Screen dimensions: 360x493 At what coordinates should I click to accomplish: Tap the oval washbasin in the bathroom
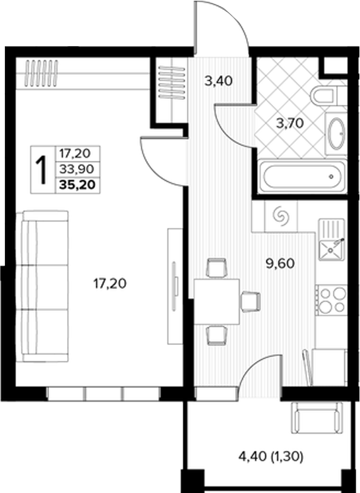coord(336,133)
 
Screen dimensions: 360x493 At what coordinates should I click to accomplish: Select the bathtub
coord(303,176)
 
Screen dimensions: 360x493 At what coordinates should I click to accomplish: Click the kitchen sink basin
coord(331,250)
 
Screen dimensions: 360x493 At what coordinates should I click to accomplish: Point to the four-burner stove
coord(332,300)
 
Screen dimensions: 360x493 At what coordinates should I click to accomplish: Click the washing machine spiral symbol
coord(281,216)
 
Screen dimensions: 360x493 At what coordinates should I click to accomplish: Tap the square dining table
coord(217,302)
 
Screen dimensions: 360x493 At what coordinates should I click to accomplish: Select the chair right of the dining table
coord(250,302)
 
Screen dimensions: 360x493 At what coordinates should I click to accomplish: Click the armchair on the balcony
coord(317,417)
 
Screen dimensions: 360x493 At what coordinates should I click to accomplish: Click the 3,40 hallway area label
coord(219,81)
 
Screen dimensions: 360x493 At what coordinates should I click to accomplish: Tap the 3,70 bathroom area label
coord(290,123)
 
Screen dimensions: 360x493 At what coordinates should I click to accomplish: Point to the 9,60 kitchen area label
coord(280,263)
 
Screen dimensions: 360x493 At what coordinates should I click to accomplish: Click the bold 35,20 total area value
coord(77,185)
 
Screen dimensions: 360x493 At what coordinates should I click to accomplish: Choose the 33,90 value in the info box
coord(77,169)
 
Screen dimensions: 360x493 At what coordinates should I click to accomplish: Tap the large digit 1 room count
coord(41,170)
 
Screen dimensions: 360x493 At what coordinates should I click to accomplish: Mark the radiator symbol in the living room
coord(41,73)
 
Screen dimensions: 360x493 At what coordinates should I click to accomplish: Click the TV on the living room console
coord(175,286)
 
